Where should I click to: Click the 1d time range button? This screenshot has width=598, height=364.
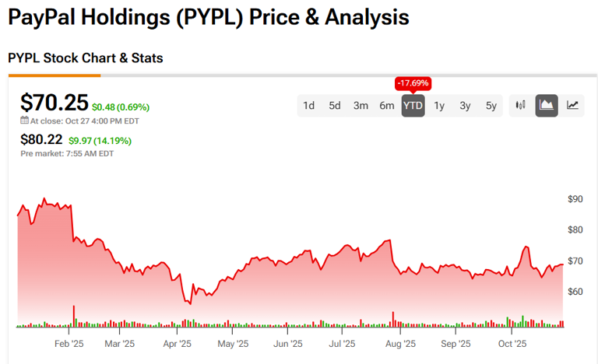[309, 106]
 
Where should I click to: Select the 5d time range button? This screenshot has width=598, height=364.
[335, 106]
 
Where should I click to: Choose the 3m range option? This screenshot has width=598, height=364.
[361, 106]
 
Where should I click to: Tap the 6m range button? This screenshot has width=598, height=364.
[387, 106]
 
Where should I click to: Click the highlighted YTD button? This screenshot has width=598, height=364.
[413, 106]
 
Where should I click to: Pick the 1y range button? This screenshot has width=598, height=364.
[439, 106]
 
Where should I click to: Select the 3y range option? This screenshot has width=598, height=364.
[465, 106]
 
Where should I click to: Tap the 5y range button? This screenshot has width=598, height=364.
[491, 106]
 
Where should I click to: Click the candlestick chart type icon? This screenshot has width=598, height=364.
[521, 106]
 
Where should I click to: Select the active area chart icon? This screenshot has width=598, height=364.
[547, 106]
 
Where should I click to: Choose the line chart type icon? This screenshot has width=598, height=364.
[572, 106]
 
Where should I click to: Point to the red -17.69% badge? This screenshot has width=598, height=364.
[413, 83]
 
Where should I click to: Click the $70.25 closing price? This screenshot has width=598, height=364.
[54, 103]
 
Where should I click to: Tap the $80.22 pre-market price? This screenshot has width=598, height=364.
[42, 141]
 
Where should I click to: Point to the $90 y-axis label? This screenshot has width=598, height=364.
[575, 199]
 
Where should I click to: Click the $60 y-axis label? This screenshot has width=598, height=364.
[575, 292]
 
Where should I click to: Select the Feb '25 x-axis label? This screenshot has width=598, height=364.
[69, 343]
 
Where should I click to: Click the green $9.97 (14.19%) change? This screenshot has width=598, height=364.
[100, 141]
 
